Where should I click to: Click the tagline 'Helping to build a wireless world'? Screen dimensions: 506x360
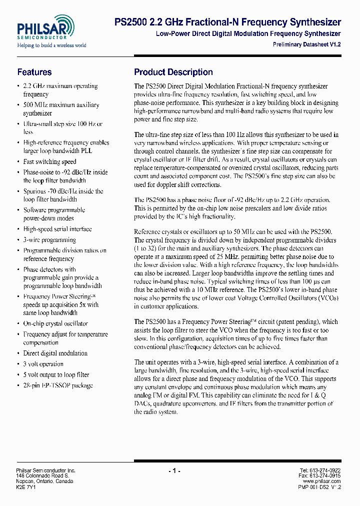pos(51,45)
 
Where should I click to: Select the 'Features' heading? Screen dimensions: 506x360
pos(34,72)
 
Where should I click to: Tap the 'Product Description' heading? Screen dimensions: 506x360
pos(173,72)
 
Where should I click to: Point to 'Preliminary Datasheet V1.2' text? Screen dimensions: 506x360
pos(306,44)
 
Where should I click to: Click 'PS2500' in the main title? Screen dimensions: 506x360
pos(131,22)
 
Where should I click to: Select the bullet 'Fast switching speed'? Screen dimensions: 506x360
pos(49,161)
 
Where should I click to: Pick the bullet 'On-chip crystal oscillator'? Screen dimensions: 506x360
pos(55,323)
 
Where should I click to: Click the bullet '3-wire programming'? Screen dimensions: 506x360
pos(49,239)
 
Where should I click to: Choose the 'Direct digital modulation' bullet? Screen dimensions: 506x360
pos(55,353)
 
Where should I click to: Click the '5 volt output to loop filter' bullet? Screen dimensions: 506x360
pos(56,374)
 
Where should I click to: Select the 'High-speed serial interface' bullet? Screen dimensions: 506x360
pos(57,229)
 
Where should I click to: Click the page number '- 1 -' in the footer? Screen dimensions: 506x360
pos(174,471)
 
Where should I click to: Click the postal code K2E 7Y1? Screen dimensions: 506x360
pos(25,486)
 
